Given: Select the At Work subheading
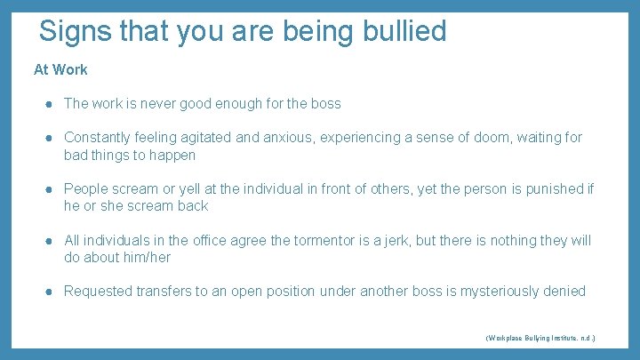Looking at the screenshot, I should [x=60, y=68].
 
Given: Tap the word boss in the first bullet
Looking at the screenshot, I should [x=325, y=103].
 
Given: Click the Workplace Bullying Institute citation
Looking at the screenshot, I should [x=540, y=339].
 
